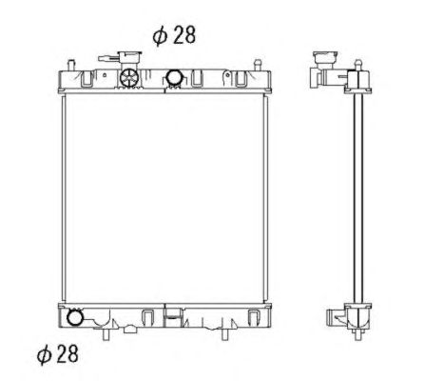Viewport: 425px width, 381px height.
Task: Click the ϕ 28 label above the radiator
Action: (174, 35)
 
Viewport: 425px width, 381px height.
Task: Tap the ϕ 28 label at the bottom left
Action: (57, 354)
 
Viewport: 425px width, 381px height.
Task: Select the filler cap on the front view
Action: (129, 59)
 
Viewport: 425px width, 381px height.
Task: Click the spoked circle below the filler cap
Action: (129, 77)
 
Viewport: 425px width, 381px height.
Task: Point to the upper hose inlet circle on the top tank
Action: (174, 77)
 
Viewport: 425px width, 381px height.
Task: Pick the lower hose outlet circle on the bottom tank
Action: (75, 317)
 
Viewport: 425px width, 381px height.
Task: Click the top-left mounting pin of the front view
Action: (71, 65)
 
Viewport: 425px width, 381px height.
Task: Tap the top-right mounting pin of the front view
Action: (258, 65)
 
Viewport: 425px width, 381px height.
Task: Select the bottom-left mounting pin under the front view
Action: (106, 334)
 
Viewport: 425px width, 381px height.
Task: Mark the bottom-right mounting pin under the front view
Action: (224, 334)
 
